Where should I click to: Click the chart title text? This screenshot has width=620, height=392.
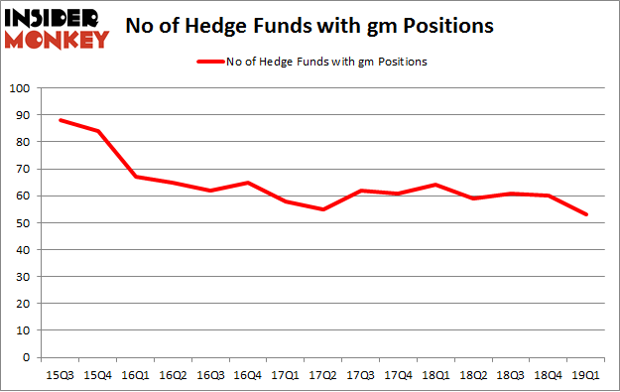click(310, 27)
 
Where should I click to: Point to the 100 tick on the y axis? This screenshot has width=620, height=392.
click(19, 88)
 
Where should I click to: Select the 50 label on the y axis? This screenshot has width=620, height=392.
click(22, 223)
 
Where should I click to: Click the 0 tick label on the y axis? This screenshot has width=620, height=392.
click(25, 358)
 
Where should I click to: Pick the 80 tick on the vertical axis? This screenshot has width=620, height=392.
click(22, 142)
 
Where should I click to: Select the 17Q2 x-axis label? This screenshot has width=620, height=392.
click(323, 375)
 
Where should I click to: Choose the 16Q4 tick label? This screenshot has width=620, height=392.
click(248, 375)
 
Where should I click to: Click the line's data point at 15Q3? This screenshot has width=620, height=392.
click(61, 120)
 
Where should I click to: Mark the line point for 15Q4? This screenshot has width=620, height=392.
click(98, 131)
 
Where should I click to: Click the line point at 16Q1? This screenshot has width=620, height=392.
click(136, 177)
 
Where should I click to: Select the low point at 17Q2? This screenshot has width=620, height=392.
click(323, 209)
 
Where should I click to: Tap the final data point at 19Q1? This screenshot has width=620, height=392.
click(587, 214)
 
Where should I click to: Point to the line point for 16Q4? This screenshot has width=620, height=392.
click(248, 183)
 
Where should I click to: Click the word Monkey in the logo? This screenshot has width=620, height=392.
click(61, 40)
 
